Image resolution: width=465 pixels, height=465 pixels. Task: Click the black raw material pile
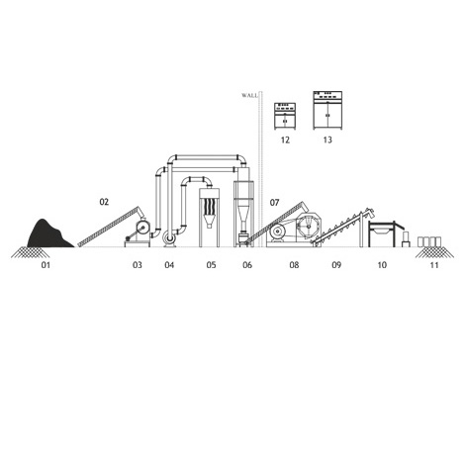pos(48,234)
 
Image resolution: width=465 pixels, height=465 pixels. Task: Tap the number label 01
pos(46,265)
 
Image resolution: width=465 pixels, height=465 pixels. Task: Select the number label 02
pos(104,202)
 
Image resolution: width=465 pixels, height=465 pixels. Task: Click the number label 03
pos(138,265)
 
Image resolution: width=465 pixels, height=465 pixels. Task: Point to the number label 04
pos(169,265)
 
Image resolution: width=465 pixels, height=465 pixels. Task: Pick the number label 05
pos(211,265)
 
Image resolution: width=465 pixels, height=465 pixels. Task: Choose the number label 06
pos(247,265)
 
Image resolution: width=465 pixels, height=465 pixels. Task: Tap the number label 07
pos(274,203)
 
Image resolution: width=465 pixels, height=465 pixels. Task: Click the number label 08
pos(294,265)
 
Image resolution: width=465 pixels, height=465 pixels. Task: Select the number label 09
pos(336,265)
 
